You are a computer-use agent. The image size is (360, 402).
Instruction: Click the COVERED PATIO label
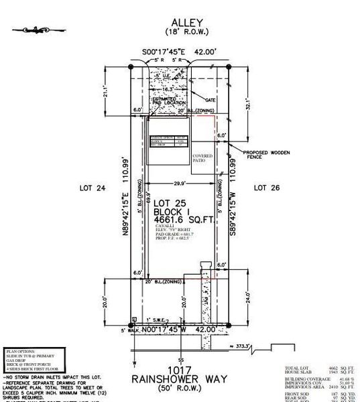click(x=203, y=159)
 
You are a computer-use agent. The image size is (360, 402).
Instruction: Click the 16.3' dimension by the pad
click(x=168, y=88)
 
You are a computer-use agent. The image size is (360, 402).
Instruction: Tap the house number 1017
click(x=180, y=370)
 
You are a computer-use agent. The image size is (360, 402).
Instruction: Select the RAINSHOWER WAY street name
click(x=180, y=380)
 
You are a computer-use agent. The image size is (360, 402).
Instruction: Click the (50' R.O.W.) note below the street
click(x=180, y=389)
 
